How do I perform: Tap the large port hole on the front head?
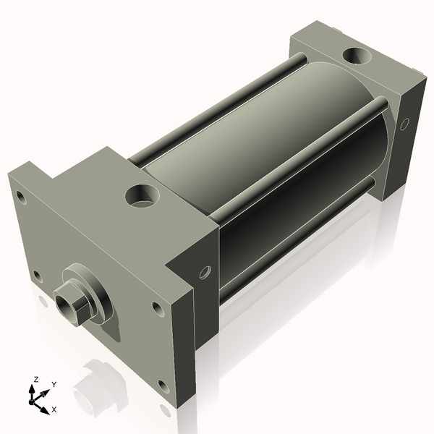point(141,195)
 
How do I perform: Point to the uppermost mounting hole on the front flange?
point(22,196)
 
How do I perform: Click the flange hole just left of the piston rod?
point(37,275)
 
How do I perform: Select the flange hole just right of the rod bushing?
point(157,308)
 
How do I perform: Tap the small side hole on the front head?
point(205,272)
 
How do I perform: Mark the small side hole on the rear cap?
point(404,124)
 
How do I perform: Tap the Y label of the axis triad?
point(54,384)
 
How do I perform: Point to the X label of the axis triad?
point(54,409)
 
